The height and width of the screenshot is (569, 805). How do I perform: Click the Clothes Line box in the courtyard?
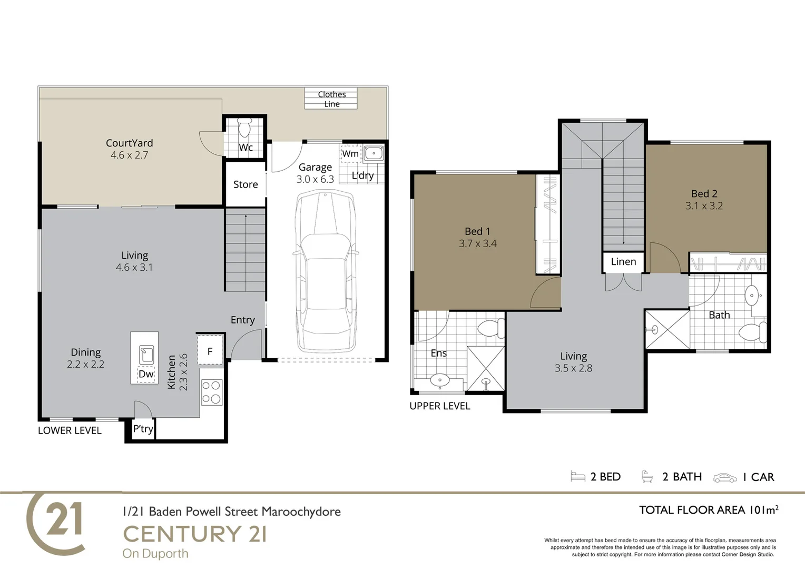pyautogui.click(x=331, y=99)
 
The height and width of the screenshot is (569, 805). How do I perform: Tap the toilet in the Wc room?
pyautogui.click(x=244, y=128)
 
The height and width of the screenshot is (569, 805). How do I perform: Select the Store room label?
pyautogui.click(x=246, y=184)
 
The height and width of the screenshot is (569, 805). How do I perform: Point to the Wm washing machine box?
pyautogui.click(x=350, y=154)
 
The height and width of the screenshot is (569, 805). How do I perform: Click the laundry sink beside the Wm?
pyautogui.click(x=374, y=153)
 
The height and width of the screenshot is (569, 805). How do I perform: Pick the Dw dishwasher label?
pyautogui.click(x=146, y=374)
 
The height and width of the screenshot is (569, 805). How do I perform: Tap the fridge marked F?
pyautogui.click(x=210, y=351)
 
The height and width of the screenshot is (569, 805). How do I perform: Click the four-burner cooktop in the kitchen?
pyautogui.click(x=211, y=392)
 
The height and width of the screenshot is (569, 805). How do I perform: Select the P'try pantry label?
pyautogui.click(x=143, y=428)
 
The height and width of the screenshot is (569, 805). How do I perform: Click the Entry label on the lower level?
pyautogui.click(x=242, y=320)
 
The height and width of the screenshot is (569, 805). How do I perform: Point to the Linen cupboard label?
pyautogui.click(x=624, y=262)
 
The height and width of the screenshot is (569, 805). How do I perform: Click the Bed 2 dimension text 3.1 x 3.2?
pyautogui.click(x=704, y=206)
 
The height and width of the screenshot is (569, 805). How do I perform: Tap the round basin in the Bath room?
pyautogui.click(x=752, y=296)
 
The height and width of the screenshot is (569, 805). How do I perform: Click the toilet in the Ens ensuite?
pyautogui.click(x=491, y=328)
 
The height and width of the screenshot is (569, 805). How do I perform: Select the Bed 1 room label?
pyautogui.click(x=477, y=231)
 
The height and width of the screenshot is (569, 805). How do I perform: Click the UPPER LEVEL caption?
pyautogui.click(x=440, y=406)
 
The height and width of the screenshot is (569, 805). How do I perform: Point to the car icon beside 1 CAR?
pyautogui.click(x=725, y=478)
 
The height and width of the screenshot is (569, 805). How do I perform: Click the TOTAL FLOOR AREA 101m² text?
pyautogui.click(x=709, y=510)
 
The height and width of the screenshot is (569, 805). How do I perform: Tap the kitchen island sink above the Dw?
pyautogui.click(x=146, y=355)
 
